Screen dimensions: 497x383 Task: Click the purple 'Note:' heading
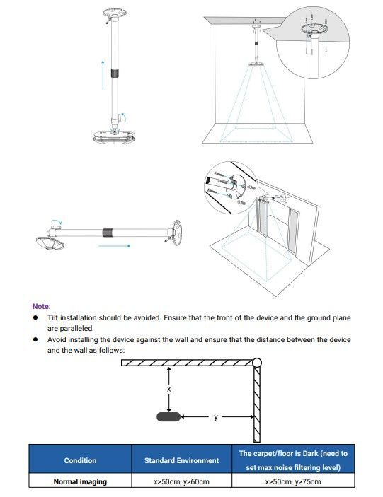[x=41, y=306]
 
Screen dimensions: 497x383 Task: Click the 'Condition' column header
[x=80, y=460]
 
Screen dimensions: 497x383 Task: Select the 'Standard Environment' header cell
[x=181, y=460]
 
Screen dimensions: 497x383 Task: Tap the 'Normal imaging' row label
[x=80, y=481]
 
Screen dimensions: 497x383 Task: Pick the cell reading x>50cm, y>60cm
[x=181, y=481]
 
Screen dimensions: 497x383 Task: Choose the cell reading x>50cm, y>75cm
[x=292, y=481]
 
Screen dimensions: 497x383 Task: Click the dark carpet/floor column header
[x=292, y=460]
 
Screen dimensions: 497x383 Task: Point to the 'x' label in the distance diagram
[x=168, y=390]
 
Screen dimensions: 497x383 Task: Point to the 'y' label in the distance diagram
[x=215, y=417]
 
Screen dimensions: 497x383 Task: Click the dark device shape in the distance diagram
[x=168, y=416]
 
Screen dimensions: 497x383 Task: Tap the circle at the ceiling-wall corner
[x=256, y=363]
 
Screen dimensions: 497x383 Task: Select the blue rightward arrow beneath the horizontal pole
[x=113, y=246]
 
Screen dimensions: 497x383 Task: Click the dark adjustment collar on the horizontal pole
[x=108, y=231]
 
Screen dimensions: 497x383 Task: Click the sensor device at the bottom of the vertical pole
[x=113, y=135]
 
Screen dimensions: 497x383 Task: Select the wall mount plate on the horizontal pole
[x=173, y=231]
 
